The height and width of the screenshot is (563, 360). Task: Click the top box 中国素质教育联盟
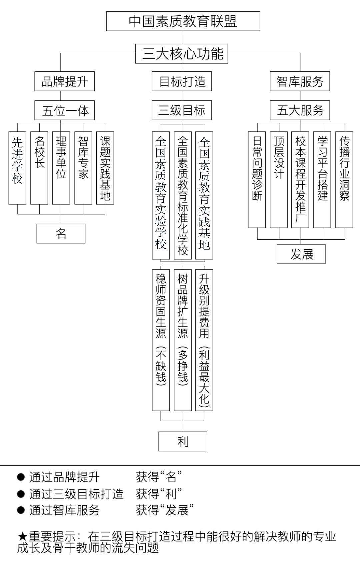[183, 21]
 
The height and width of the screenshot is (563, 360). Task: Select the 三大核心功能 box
[182, 54]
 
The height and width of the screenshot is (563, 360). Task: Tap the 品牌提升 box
[65, 81]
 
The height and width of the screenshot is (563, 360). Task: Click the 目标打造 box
[182, 81]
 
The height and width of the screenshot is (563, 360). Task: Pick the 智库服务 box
[300, 81]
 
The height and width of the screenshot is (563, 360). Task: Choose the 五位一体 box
[65, 110]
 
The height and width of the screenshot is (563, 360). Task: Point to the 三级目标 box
[182, 110]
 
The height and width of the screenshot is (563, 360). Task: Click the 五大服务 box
[300, 110]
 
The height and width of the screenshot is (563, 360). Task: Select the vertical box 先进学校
[17, 168]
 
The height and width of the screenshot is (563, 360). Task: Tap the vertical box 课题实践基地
[105, 168]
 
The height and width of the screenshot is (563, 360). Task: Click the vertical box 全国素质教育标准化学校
[183, 195]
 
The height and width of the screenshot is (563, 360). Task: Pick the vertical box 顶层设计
[279, 180]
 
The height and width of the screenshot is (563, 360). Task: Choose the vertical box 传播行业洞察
[344, 180]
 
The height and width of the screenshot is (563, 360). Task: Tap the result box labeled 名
[61, 233]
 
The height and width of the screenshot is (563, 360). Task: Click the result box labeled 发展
[301, 254]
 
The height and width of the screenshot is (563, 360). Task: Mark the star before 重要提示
[22, 537]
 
